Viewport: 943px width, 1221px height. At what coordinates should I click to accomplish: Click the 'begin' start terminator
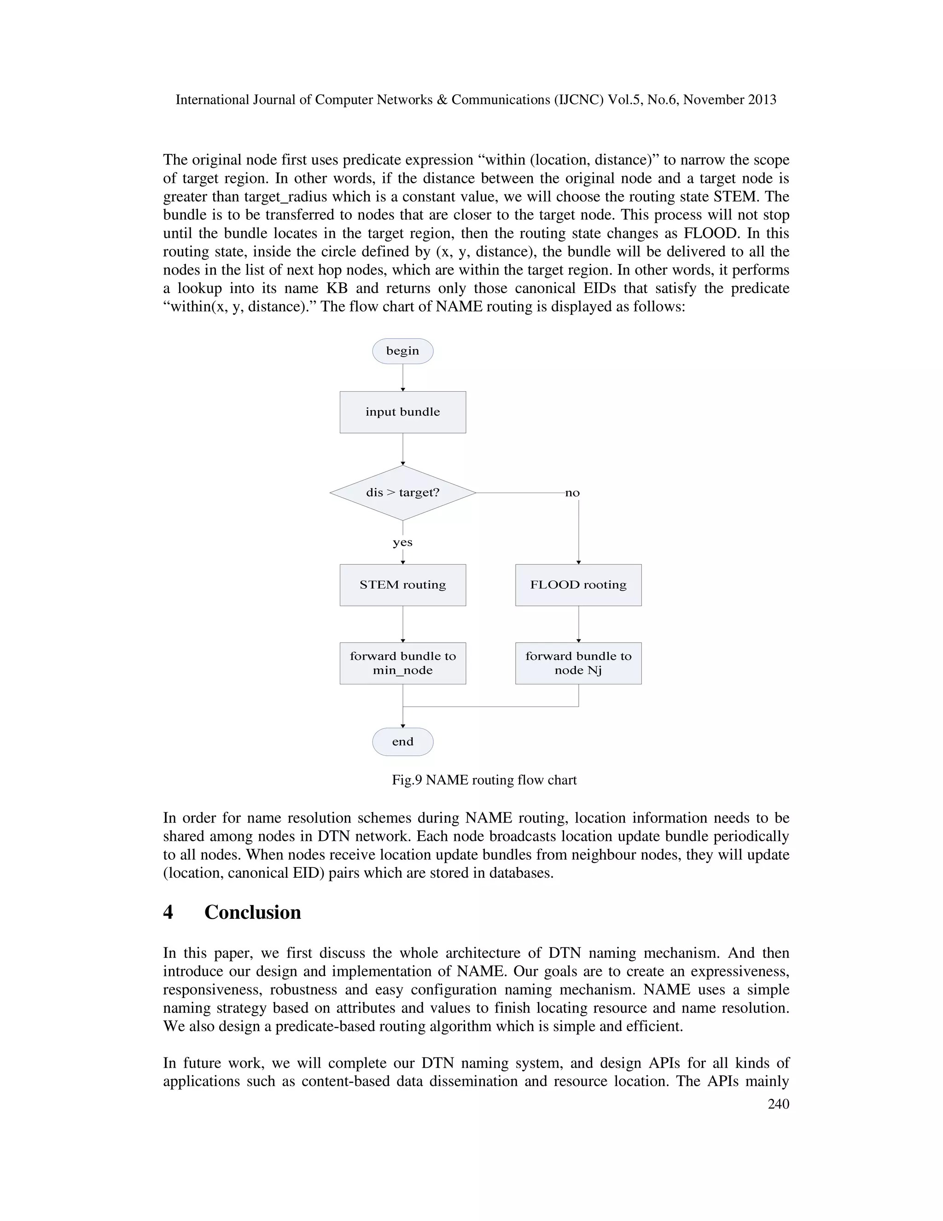403,351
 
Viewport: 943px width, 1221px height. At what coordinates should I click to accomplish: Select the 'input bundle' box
403,412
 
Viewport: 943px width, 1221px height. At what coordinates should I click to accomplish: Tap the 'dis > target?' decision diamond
403,493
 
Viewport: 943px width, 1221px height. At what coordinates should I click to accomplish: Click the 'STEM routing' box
403,585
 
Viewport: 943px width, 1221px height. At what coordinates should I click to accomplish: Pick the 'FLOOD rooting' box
578,585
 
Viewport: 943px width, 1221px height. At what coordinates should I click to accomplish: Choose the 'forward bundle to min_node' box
403,663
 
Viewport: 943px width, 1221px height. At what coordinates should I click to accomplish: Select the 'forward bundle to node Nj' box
578,663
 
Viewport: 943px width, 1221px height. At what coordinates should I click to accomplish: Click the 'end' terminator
403,742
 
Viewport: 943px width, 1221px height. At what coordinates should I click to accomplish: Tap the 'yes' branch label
403,542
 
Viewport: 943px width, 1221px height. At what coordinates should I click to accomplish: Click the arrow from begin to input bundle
403,377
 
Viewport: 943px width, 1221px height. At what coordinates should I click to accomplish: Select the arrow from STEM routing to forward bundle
403,624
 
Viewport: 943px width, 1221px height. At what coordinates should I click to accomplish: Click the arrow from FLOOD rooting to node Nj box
578,624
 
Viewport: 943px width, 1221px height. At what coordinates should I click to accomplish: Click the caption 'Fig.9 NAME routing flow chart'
484,780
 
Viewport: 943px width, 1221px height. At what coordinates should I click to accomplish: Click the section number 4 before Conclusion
168,912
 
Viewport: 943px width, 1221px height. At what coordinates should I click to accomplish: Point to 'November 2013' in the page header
730,100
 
